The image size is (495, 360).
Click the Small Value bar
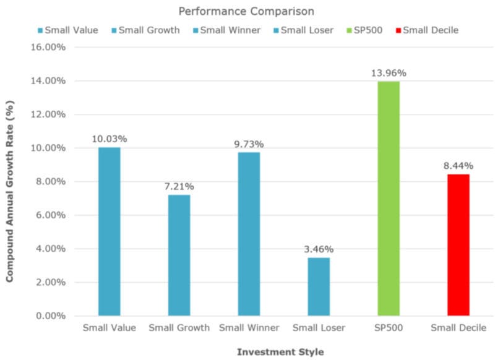coord(109,231)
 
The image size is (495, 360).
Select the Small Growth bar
coord(179,255)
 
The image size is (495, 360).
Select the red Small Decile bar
coord(458,244)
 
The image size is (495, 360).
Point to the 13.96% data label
coord(389,73)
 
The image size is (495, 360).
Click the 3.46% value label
coord(319,249)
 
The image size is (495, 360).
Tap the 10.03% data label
coord(109,139)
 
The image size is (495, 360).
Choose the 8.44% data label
coord(458,166)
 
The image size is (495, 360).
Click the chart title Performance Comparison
coord(247,11)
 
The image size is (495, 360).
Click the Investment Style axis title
coord(280,352)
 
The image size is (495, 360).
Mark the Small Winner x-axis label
coord(249,328)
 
